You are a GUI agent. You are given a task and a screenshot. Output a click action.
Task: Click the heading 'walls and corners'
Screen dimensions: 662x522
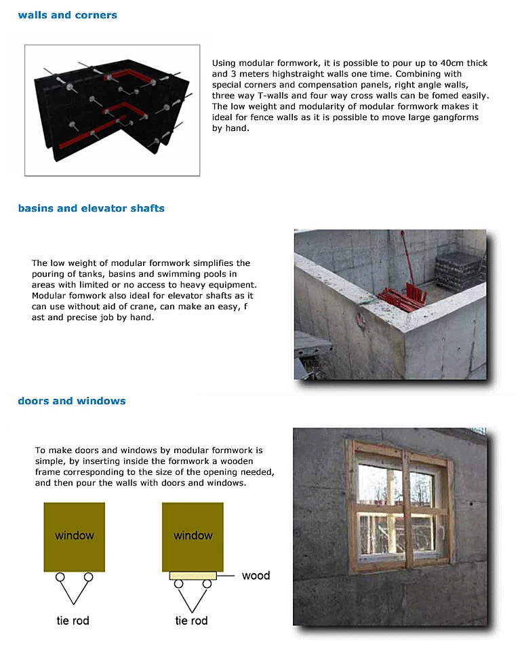pyautogui.click(x=67, y=15)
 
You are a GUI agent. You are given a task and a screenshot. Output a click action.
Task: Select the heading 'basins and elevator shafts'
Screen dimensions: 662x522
pyautogui.click(x=91, y=208)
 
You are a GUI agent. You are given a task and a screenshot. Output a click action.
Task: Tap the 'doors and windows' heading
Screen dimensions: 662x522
pyautogui.click(x=71, y=401)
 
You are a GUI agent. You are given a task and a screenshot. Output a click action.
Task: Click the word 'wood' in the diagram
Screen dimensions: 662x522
pyautogui.click(x=256, y=575)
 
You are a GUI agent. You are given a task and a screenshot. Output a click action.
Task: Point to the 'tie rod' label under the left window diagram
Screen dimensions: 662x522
pyautogui.click(x=73, y=620)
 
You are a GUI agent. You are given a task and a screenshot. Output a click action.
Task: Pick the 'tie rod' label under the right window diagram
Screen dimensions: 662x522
pyautogui.click(x=191, y=620)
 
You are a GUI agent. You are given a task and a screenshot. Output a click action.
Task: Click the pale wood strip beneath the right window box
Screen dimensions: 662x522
pyautogui.click(x=193, y=575)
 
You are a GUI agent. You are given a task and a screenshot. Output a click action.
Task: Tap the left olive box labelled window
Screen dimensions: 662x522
pyautogui.click(x=75, y=536)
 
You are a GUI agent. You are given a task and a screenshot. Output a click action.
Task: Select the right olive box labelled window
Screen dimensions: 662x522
pyautogui.click(x=193, y=536)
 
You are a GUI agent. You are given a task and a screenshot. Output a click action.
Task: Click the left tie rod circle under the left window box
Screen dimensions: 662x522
pyautogui.click(x=60, y=577)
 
